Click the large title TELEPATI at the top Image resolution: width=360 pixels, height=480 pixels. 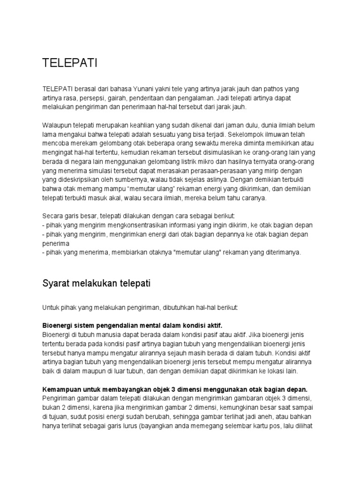[70, 64]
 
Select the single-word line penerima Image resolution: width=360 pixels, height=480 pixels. [56, 243]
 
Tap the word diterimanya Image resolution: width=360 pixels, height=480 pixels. [281, 253]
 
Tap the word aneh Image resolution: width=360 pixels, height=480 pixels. [259, 416]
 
